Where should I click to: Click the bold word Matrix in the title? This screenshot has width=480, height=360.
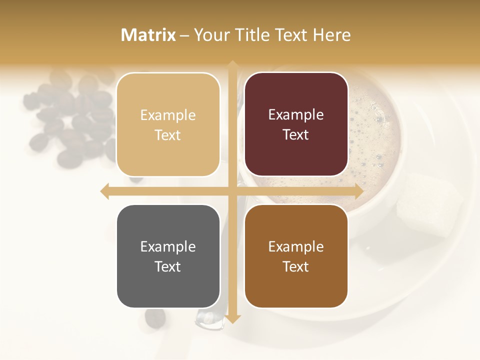[148, 35]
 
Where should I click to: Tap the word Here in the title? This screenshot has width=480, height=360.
[331, 35]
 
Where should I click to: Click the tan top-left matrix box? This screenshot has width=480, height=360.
[168, 125]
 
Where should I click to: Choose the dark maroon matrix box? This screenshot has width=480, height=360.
[296, 124]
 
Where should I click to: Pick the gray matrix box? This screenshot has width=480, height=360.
[168, 256]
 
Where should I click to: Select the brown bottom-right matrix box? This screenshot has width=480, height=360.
[296, 256]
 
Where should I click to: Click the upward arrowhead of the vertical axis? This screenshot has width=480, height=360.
[232, 65]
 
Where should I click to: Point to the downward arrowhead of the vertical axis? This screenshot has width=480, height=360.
[232, 318]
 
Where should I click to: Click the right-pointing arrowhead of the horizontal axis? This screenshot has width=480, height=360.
[358, 191]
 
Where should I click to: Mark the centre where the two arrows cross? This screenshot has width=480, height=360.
[232, 191]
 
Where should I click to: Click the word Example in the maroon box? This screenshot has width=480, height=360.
[296, 115]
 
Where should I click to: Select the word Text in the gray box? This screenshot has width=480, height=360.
[168, 266]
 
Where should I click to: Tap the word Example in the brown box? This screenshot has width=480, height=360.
[296, 246]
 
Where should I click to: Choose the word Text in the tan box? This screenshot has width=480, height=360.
[168, 135]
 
